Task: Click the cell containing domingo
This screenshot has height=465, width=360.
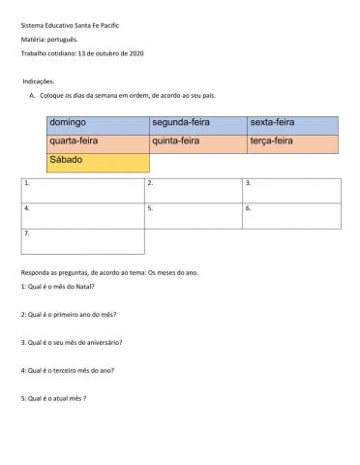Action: (x=96, y=123)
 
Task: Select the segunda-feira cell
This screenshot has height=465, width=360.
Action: (x=196, y=123)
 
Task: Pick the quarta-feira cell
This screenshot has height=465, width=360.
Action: (x=96, y=141)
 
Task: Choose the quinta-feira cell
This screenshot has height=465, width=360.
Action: (x=196, y=141)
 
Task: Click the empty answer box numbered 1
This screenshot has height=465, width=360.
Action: (x=81, y=190)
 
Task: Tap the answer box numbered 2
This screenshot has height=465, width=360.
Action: (x=193, y=190)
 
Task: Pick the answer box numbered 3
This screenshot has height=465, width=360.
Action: (x=290, y=190)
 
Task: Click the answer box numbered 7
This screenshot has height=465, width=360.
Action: (x=81, y=240)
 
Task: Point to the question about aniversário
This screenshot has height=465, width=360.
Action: (x=71, y=343)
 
